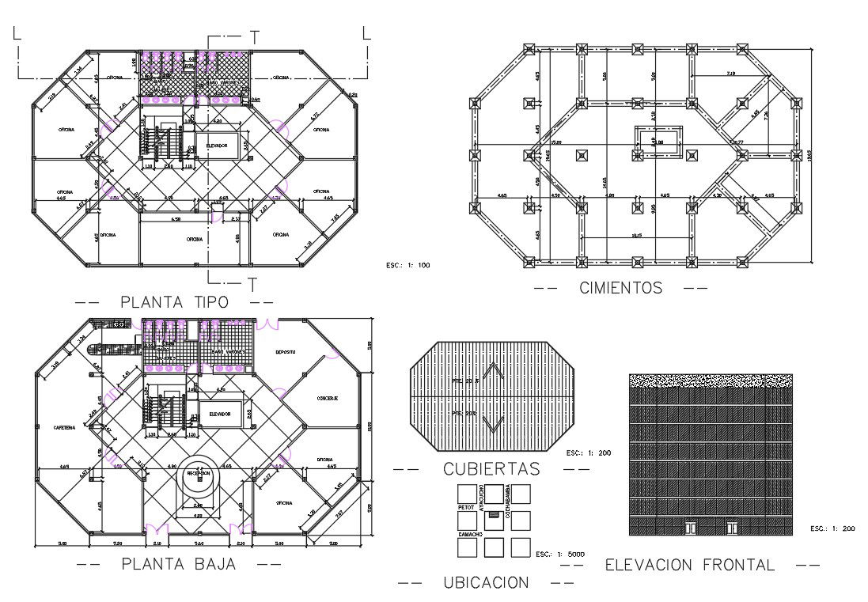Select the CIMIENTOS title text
pyautogui.click(x=620, y=288)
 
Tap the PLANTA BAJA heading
pyautogui.click(x=179, y=564)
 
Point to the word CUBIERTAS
pyautogui.click(x=491, y=469)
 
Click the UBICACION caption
pyautogui.click(x=485, y=583)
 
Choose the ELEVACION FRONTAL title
pyautogui.click(x=689, y=565)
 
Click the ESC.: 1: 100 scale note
pyautogui.click(x=407, y=265)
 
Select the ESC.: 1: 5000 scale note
pyautogui.click(x=558, y=554)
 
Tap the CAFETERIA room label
pyautogui.click(x=65, y=426)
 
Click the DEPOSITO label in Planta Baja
pyautogui.click(x=285, y=352)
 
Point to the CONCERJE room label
pyautogui.click(x=328, y=398)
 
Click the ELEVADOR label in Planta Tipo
pyautogui.click(x=217, y=146)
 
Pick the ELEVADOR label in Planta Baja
pyautogui.click(x=219, y=414)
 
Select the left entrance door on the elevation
pyautogui.click(x=691, y=527)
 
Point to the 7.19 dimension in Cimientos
pyautogui.click(x=730, y=74)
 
